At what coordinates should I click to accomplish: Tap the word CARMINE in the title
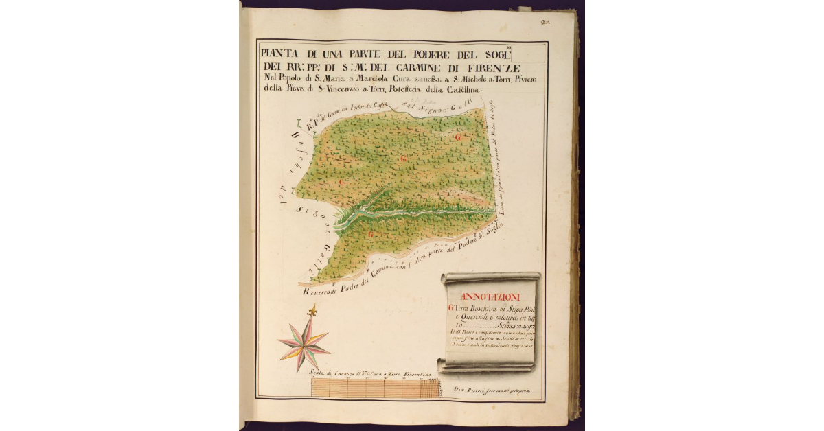[x=426, y=67]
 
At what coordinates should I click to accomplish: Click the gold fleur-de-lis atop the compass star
[x=313, y=312]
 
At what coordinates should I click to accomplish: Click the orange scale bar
[x=376, y=388]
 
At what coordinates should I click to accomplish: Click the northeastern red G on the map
[x=458, y=137]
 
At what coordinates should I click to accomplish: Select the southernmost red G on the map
[x=371, y=235]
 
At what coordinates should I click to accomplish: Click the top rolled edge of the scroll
[x=490, y=278]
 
